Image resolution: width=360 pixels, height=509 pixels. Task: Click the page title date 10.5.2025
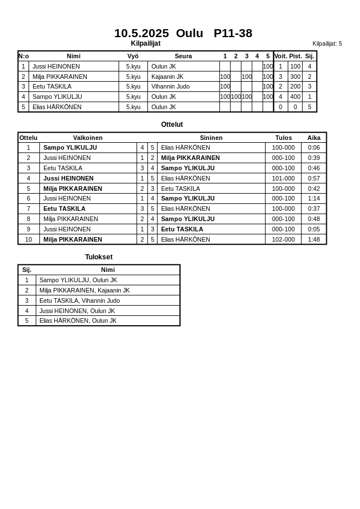[141, 33]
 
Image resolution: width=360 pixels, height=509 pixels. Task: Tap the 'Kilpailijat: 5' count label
[327, 43]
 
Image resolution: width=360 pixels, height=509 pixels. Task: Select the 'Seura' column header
[183, 56]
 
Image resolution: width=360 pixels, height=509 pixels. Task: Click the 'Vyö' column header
[133, 56]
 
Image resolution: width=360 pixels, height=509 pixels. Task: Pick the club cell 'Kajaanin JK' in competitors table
[167, 77]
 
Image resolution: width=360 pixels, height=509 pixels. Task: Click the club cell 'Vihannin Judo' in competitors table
[170, 87]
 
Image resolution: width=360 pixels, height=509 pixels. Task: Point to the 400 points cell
[295, 97]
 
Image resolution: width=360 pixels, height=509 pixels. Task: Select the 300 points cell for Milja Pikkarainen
[295, 77]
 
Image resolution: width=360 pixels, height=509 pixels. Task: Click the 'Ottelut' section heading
[172, 125]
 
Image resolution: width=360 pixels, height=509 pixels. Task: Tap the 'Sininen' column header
[211, 138]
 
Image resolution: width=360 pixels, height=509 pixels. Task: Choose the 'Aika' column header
[314, 138]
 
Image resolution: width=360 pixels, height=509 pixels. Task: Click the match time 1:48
[314, 239]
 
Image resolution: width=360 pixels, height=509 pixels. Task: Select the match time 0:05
[314, 229]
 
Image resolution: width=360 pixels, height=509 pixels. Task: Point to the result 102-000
[283, 239]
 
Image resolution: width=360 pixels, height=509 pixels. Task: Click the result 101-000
[283, 178]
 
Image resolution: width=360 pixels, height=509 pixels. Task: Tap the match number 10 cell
[29, 239]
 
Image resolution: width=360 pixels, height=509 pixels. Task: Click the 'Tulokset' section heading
[99, 257]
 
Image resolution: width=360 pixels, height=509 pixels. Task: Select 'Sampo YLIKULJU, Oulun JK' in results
[78, 280]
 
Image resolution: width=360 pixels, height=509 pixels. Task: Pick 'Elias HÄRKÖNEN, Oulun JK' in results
[78, 320]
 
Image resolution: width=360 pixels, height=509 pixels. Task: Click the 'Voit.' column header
[281, 56]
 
